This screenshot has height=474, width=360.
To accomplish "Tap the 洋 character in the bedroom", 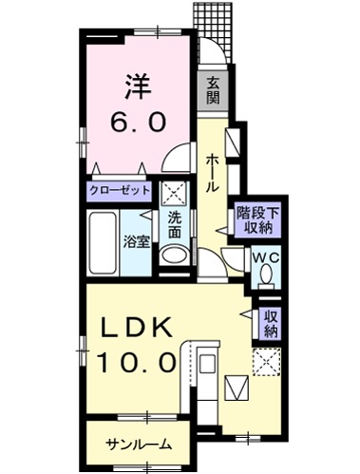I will tap(134, 88).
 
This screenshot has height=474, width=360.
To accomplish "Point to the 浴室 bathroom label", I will tap(136, 241).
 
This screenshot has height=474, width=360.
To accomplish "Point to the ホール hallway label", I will tap(211, 171).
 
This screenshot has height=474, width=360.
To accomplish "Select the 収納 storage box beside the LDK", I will tap(272, 323).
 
